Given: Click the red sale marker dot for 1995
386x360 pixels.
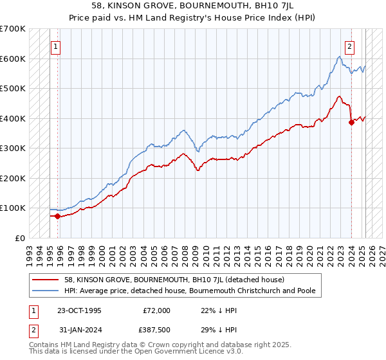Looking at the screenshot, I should click(58, 216).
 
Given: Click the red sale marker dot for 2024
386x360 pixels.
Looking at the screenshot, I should click(351, 122).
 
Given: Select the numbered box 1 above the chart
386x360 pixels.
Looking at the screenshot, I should click(55, 46).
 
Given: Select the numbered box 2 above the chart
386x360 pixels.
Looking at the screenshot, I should click(349, 46).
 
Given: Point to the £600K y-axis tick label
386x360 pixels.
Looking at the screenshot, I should click(13, 59).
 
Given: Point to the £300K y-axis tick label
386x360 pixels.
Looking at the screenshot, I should click(13, 148).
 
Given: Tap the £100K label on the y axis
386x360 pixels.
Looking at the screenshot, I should click(13, 208).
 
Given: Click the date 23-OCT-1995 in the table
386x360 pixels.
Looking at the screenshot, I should click(79, 310).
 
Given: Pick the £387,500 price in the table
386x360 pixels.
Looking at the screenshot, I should click(156, 332).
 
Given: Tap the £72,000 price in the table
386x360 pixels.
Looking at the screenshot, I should click(156, 310).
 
